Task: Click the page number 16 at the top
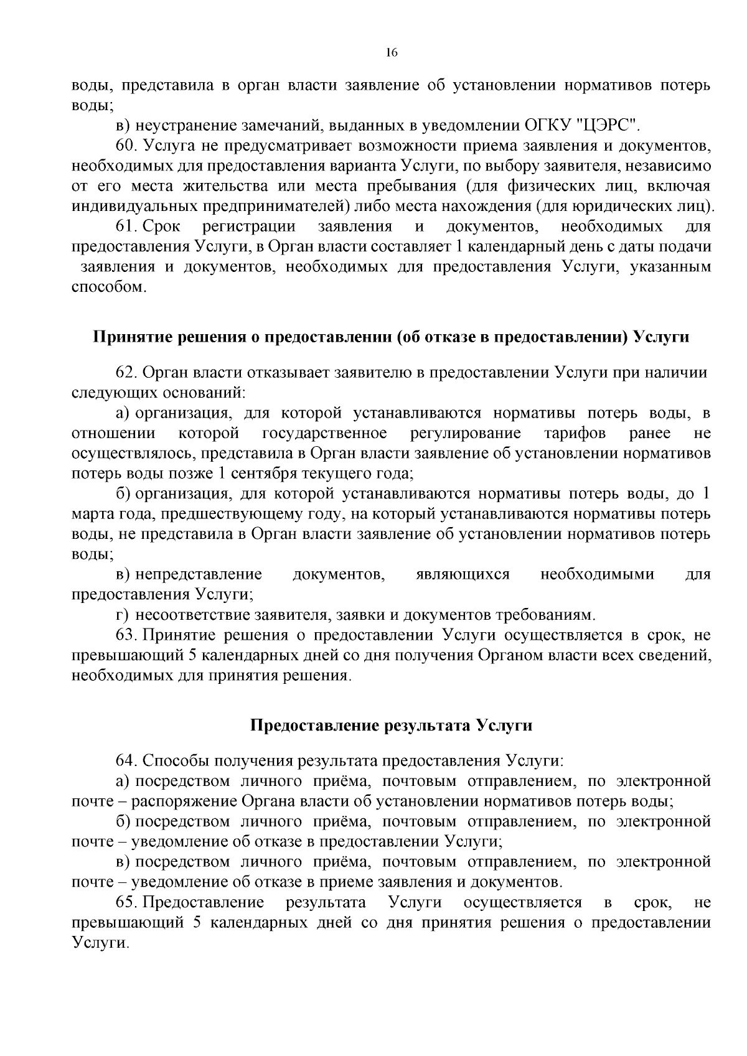coord(392,53)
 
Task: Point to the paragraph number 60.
coord(126,146)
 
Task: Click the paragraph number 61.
coord(126,227)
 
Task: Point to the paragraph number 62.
coord(126,373)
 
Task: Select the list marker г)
coord(122,615)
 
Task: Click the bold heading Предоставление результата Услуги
coord(392,725)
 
